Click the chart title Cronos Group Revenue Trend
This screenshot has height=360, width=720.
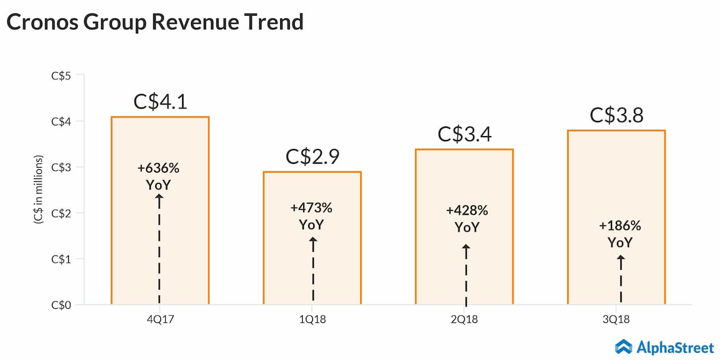pyautogui.click(x=155, y=22)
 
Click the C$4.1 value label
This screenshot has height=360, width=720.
pyautogui.click(x=160, y=102)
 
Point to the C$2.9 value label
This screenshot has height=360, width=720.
pyautogui.click(x=312, y=157)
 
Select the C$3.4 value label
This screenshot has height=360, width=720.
pyautogui.click(x=464, y=134)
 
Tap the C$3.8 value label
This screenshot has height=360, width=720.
pyautogui.click(x=616, y=115)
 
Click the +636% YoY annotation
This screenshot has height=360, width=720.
pyautogui.click(x=159, y=176)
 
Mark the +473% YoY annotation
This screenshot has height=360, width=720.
pyautogui.click(x=312, y=216)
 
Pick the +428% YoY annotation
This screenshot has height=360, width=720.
pyautogui.click(x=467, y=219)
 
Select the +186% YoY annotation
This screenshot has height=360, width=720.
pyautogui.click(x=620, y=234)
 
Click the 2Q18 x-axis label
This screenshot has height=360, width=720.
pyautogui.click(x=464, y=319)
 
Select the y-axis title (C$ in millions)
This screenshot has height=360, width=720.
pyautogui.click(x=39, y=190)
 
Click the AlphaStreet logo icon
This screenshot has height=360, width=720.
pyautogui.click(x=624, y=345)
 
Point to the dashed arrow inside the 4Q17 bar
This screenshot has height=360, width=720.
pyautogui.click(x=159, y=250)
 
